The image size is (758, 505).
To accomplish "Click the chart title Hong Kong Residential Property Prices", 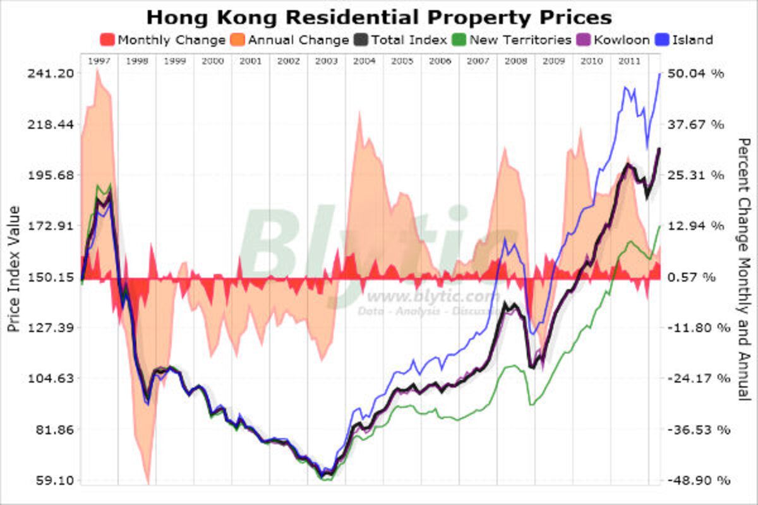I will tap(379, 16).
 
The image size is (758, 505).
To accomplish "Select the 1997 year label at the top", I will tap(99, 61).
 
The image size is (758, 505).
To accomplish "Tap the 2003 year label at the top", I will tap(327, 61).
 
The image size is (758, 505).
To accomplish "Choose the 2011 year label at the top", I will tap(630, 61).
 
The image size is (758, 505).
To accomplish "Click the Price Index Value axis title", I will tap(14, 270).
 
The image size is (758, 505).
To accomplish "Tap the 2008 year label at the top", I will tap(516, 61).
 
